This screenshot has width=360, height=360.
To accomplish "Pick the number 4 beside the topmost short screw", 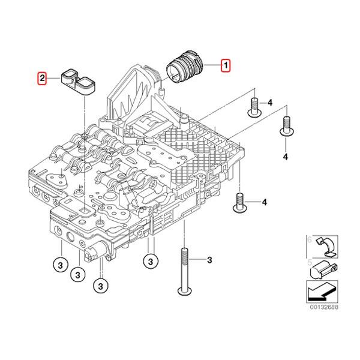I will point(270,104).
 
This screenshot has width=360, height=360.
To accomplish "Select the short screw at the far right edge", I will point(286,125).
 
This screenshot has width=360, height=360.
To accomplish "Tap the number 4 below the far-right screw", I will point(286,156).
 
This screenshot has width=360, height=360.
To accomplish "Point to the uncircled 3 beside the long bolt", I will point(209,259).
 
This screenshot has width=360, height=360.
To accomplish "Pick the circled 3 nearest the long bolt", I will point(150,261).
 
